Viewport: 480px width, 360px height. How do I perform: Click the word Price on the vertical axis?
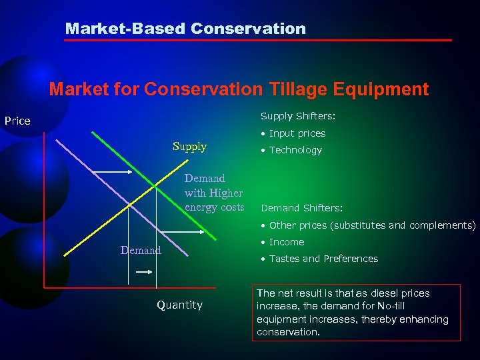pyautogui.click(x=17, y=121)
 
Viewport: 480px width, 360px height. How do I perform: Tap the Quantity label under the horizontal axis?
pyautogui.click(x=179, y=305)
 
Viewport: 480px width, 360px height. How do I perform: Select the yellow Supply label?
pyautogui.click(x=189, y=146)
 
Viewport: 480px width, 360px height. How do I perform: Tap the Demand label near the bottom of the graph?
pyautogui.click(x=140, y=250)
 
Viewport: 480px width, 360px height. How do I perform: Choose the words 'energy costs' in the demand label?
pyautogui.click(x=215, y=207)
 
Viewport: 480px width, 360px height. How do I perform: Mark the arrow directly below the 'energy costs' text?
pyautogui.click(x=213, y=233)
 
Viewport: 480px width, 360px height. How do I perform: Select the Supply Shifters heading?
pyautogui.click(x=297, y=116)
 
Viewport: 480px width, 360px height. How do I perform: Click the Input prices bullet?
pyautogui.click(x=297, y=133)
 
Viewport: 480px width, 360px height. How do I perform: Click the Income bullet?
pyautogui.click(x=287, y=242)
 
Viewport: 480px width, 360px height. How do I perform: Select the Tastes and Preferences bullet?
pyautogui.click(x=323, y=259)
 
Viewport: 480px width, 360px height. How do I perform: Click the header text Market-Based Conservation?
pyautogui.click(x=185, y=29)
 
